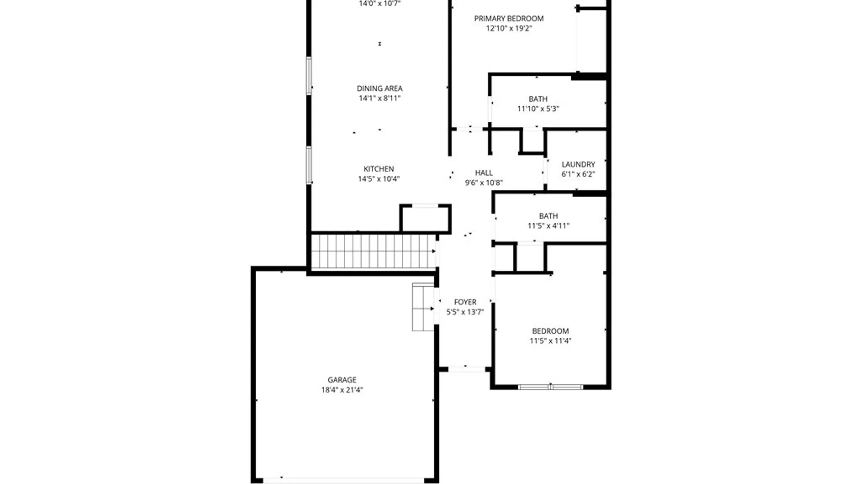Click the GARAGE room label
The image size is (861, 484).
point(342,380)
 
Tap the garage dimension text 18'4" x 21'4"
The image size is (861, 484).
point(342,390)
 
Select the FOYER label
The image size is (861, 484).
point(465,302)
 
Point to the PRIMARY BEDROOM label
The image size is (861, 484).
point(509,18)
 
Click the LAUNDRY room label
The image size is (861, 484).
point(578,164)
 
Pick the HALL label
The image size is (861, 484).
point(484,173)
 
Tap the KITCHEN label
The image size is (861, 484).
point(378,169)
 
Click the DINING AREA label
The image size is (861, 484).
point(379,88)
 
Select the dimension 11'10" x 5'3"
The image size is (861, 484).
point(538,108)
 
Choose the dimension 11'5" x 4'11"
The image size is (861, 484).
point(548,225)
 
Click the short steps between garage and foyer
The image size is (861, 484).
point(423,307)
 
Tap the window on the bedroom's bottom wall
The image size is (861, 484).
point(550,386)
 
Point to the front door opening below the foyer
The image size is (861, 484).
point(466,369)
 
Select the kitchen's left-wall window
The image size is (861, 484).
point(309,165)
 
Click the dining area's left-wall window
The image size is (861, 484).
point(309,76)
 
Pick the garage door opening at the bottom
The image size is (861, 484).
point(343,480)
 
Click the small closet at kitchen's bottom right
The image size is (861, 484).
point(425,219)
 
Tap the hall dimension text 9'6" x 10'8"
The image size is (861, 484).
point(484,182)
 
